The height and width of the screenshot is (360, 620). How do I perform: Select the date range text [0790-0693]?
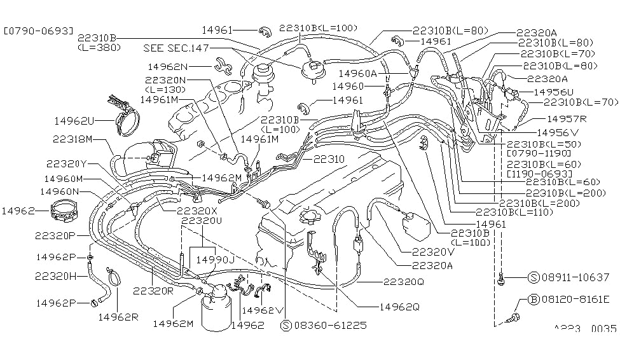(x=38, y=30)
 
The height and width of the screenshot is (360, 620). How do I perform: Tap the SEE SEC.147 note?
(x=176, y=48)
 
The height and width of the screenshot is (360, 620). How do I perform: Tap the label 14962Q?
(x=399, y=307)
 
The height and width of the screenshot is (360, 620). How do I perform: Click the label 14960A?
(x=358, y=74)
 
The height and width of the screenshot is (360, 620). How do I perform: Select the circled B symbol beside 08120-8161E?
(x=534, y=300)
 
